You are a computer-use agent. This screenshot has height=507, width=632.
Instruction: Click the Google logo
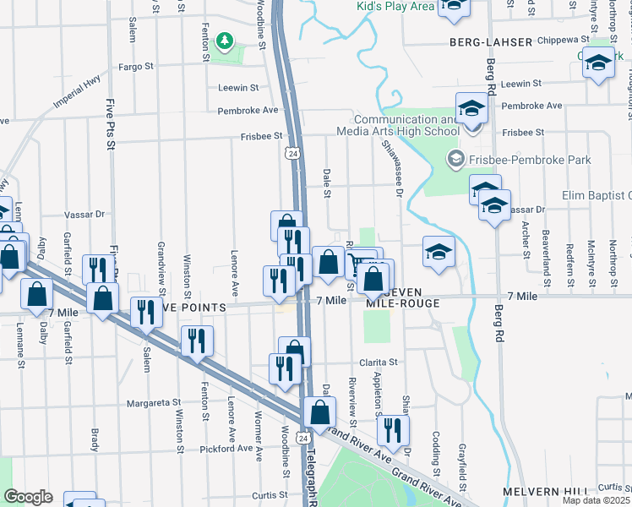click(x=27, y=497)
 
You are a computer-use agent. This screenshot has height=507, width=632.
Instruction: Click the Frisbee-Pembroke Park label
click(x=527, y=159)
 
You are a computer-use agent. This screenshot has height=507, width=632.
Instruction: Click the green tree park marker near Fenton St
click(x=224, y=40)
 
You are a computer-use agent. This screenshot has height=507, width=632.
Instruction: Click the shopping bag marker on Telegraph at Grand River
click(x=319, y=412)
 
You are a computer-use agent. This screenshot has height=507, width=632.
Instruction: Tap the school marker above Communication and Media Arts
click(x=471, y=107)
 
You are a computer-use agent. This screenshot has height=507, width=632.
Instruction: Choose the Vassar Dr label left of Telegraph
click(x=88, y=215)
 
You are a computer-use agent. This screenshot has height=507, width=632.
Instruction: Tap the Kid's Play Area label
click(x=395, y=7)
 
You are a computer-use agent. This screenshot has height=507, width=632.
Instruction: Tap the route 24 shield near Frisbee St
click(x=291, y=153)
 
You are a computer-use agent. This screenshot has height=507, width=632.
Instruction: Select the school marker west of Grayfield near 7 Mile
click(x=439, y=251)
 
